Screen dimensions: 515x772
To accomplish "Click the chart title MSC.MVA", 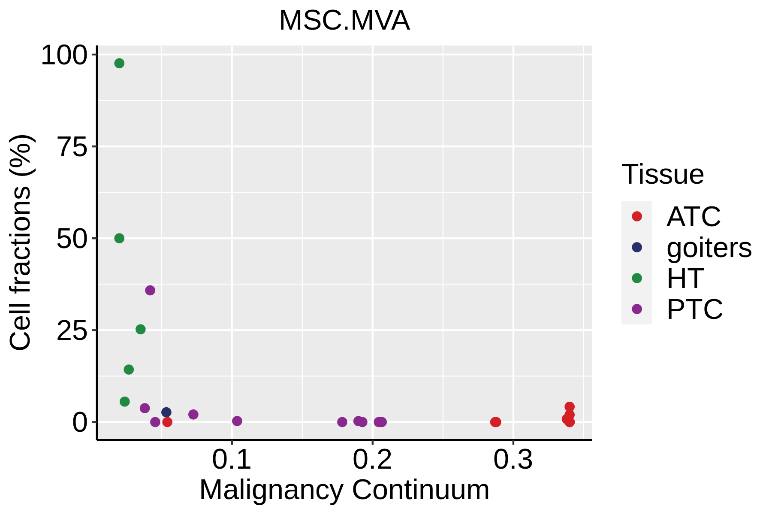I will pos(344,21).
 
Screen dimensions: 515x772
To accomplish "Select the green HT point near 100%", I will pos(119,64).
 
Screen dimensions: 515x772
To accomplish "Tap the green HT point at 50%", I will pos(119,238).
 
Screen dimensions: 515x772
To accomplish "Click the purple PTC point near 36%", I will pos(150,291).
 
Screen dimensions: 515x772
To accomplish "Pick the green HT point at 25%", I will pos(141,329).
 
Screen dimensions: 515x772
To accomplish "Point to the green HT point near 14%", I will pos(129,370).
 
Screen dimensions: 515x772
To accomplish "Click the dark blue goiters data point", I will pos(166,412).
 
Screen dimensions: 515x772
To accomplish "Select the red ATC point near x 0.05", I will pos(167,422).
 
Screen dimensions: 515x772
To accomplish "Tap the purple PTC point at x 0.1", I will pos(237,421).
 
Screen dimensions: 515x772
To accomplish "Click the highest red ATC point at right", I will pos(570,407).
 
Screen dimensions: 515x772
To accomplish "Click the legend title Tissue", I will pos(663,174).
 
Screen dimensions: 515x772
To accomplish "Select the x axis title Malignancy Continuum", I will pos(344,490).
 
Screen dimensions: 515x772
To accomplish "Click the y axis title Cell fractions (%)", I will pos(20,242).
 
